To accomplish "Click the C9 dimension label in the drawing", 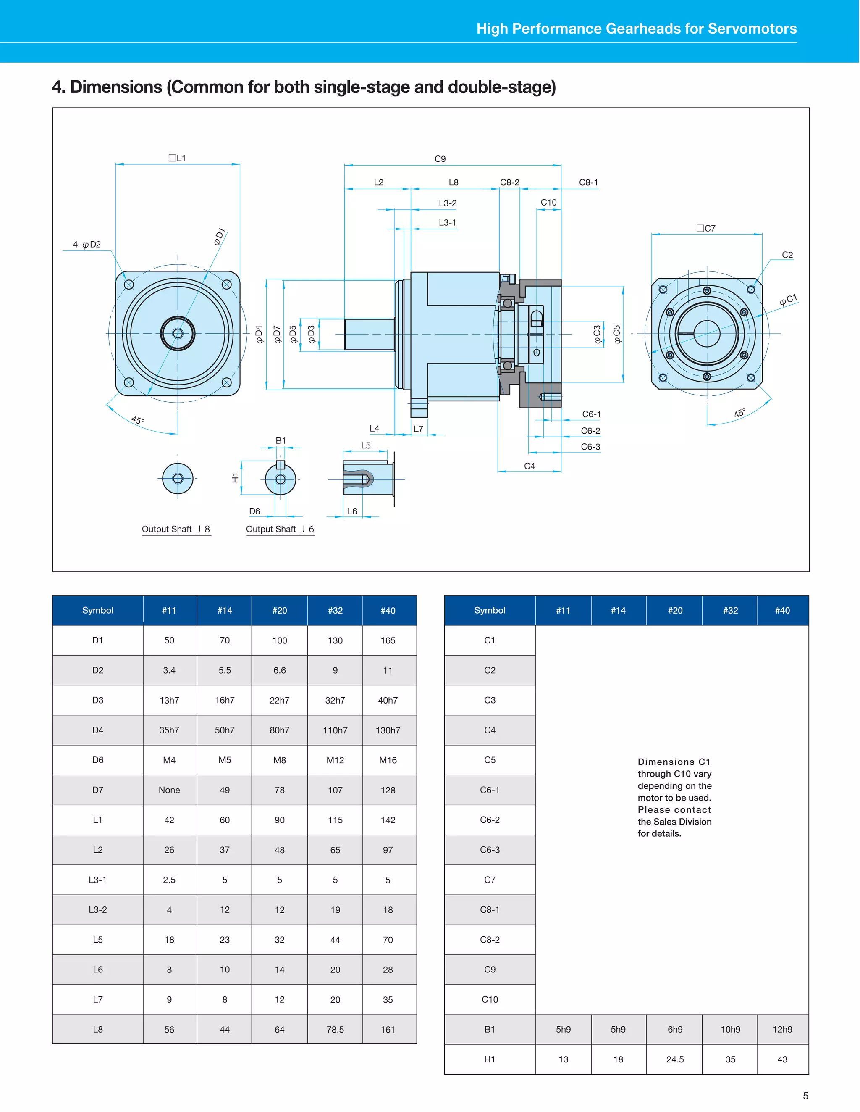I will pos(440,159).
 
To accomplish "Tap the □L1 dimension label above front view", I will pos(177,158).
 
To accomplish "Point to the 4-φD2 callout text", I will pos(87,245).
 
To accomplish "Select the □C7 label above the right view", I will pos(706,228).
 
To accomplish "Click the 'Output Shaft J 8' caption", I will pos(176,529).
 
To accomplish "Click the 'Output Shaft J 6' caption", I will pos(280,529).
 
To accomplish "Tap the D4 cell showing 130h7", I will pos(388,730).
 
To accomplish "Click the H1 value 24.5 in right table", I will pos(675,1059).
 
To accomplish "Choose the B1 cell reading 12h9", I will pos(782,1029).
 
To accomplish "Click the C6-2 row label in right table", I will pos(490,820).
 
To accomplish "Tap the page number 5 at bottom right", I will pos(805,1096).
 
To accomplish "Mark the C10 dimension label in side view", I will pos(548,202).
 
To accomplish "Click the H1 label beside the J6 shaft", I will pos(235,477).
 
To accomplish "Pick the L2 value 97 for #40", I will pos(388,850).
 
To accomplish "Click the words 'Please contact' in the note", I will pos(674,809).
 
